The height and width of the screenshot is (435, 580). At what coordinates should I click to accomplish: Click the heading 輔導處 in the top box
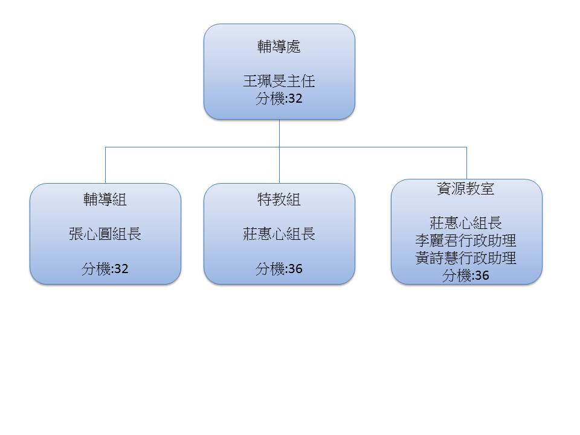pos(279,47)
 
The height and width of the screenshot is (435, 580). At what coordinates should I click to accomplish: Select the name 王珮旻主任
pos(279,82)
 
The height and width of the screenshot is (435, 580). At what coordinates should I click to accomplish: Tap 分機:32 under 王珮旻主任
pos(279,98)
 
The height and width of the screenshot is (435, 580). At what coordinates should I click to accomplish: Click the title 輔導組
pos(105,199)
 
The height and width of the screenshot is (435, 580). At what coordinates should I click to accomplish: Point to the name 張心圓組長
pos(105,234)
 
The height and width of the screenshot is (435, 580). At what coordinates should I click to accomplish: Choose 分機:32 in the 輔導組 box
pos(105,268)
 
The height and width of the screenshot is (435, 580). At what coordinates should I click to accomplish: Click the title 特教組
pos(279,199)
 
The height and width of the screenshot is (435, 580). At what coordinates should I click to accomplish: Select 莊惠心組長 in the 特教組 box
pos(279,234)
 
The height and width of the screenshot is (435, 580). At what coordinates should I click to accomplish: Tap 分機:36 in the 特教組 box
pos(279,268)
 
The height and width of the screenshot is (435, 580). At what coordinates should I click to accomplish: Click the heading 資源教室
pos(466,188)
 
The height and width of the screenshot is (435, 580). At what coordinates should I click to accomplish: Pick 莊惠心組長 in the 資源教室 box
pos(466,223)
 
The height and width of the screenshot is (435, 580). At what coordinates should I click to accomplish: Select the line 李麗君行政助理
pos(466,240)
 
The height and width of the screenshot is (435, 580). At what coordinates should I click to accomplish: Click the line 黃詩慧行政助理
pos(466,258)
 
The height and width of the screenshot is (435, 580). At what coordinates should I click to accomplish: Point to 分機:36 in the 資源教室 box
pos(466,275)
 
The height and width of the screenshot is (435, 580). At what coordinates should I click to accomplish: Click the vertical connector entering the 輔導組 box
pos(105,165)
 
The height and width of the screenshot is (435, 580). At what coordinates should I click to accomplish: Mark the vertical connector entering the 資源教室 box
pos(466,163)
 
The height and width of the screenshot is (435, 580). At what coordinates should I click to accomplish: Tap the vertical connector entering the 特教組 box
pos(279,165)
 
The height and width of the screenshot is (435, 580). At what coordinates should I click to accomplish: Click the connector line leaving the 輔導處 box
pos(279,133)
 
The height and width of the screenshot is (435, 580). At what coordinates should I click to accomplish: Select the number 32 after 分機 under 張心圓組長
pos(121,269)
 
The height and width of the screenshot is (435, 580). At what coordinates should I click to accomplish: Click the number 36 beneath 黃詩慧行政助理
pos(482,275)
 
